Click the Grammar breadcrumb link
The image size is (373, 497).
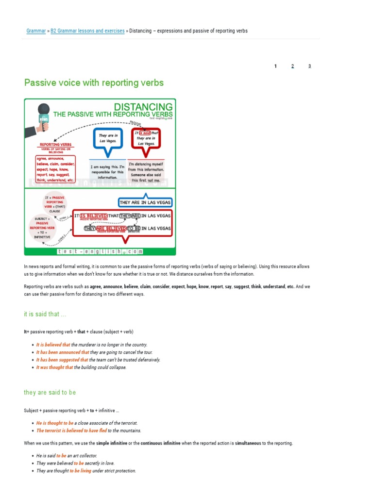tap(36, 31)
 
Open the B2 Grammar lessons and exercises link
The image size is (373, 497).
tap(87, 31)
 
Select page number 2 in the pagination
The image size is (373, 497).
tap(292, 66)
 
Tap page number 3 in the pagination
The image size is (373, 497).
tap(309, 66)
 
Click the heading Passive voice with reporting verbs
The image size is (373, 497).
tap(94, 83)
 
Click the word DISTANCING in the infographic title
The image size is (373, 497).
tap(143, 106)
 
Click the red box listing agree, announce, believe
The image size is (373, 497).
tap(55, 168)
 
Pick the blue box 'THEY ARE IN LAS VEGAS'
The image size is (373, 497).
tap(145, 202)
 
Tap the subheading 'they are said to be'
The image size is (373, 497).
tap(50, 392)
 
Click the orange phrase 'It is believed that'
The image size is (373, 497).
tap(53, 345)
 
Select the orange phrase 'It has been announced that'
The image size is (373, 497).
tap(63, 352)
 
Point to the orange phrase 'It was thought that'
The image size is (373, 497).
tap(54, 367)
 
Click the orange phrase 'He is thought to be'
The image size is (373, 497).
tap(55, 423)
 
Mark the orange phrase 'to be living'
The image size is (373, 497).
tap(80, 471)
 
